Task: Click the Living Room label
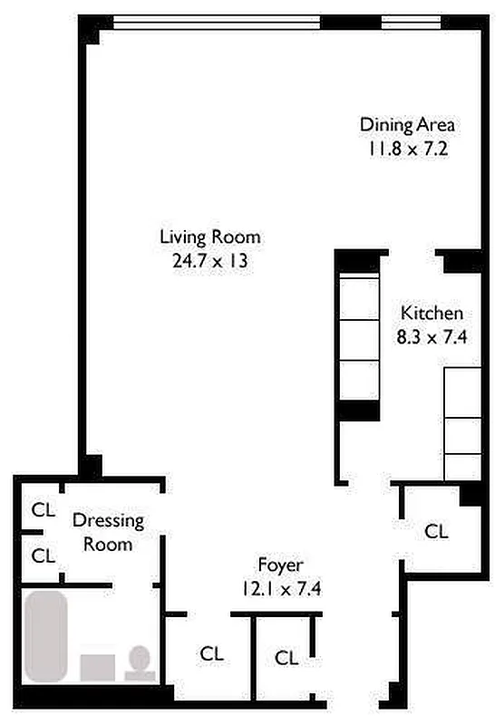[210, 237]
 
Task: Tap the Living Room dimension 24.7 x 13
[210, 261]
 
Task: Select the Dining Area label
[407, 125]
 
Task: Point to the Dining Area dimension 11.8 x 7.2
[408, 149]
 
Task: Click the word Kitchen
[431, 313]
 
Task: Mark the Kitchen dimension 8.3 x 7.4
[431, 336]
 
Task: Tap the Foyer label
[281, 565]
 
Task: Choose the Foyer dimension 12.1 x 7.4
[281, 588]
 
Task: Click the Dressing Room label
[108, 532]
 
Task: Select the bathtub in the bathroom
[45, 636]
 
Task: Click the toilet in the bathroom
[140, 663]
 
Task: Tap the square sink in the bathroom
[98, 668]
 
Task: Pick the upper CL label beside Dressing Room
[43, 510]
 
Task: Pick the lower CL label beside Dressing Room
[43, 556]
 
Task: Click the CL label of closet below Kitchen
[436, 531]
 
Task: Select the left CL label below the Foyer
[212, 653]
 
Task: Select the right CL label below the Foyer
[286, 658]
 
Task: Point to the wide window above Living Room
[217, 22]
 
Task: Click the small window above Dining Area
[411, 22]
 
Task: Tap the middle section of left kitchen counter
[359, 340]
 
